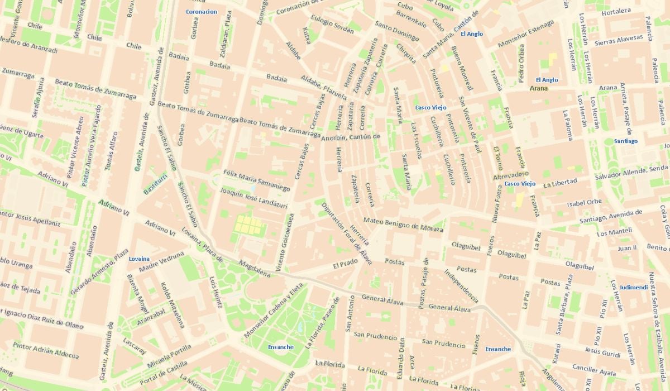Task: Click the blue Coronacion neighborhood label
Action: click(201, 12)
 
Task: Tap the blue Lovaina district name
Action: click(139, 259)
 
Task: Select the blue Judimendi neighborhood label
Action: click(634, 288)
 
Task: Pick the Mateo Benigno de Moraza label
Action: click(403, 225)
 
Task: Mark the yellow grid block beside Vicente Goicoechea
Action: click(248, 225)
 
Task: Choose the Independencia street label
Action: click(461, 286)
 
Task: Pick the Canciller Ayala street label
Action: click(594, 369)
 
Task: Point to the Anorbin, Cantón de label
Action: click(351, 137)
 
